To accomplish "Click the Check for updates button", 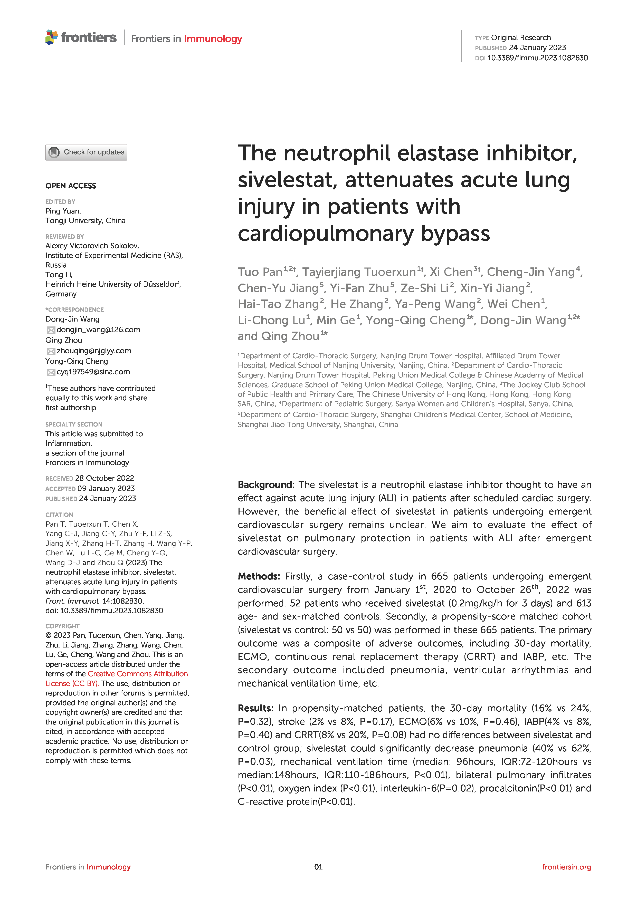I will tap(86, 152).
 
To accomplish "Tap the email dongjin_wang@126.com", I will tap(98, 330).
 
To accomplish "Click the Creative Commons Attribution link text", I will tap(138, 674).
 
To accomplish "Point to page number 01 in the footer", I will tap(318, 867).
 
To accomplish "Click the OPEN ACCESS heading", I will tap(71, 186).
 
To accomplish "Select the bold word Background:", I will tap(265, 485).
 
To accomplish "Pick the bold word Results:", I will tap(255, 708).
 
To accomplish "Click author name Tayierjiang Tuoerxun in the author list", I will tap(358, 272).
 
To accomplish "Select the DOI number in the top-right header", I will tap(537, 58).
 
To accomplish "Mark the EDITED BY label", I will tap(60, 201).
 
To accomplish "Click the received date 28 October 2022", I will tap(104, 478).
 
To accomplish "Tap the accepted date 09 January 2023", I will tap(106, 488).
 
